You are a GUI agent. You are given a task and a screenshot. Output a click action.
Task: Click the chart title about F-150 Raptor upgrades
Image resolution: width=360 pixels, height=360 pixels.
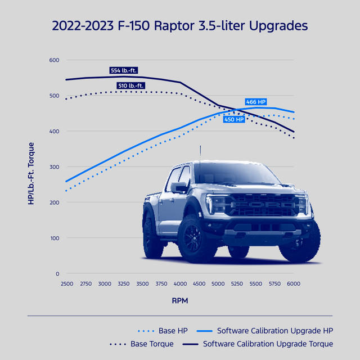[x=180, y=26]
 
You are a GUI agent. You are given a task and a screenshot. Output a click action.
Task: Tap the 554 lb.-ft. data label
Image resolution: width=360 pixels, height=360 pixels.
[x=124, y=71]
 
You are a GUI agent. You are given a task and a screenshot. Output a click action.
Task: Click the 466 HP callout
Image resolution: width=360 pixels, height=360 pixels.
[x=256, y=102]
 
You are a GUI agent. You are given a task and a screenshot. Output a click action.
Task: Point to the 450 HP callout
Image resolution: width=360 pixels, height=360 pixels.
[x=234, y=119]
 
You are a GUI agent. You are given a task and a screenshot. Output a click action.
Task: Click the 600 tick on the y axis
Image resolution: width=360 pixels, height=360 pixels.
[x=54, y=60]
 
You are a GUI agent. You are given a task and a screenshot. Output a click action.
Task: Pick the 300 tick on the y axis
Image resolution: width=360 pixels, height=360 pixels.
[x=54, y=167]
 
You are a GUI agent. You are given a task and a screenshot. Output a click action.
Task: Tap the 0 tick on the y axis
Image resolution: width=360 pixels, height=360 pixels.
[x=57, y=274]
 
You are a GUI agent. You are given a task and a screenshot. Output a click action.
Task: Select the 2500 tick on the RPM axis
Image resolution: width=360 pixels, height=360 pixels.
[x=66, y=285]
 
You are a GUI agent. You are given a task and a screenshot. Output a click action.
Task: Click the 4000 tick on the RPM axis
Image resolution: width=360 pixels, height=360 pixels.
[x=180, y=285]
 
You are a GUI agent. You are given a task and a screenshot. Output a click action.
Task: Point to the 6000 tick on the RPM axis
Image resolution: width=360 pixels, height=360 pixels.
[x=294, y=285]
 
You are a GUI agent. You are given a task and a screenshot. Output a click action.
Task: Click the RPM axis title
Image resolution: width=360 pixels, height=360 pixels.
[x=180, y=301]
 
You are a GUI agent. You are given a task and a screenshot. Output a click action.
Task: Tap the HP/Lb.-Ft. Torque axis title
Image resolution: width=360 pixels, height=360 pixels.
[x=31, y=167]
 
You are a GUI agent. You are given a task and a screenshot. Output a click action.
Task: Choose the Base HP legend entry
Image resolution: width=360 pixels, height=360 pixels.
[x=163, y=330]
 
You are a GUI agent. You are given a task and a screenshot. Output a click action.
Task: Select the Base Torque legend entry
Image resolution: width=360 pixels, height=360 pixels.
[x=152, y=344]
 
